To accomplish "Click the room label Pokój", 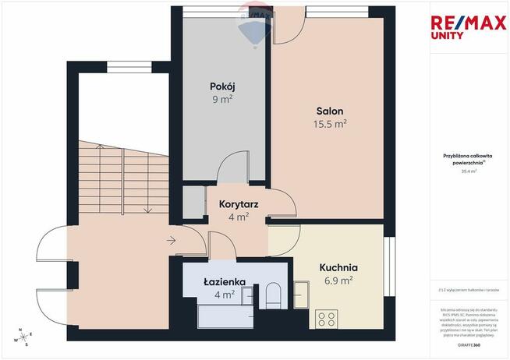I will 222,86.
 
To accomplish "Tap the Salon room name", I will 330,111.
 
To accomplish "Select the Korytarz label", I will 239,204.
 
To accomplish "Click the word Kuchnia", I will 338,266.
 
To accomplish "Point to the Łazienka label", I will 225,281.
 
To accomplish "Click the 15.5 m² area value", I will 330,124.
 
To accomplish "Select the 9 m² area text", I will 222,99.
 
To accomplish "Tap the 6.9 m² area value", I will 338,280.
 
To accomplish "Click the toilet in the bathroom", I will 273,295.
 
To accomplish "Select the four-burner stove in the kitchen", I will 328,319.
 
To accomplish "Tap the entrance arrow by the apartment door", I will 171,241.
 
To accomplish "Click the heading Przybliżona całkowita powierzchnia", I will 468,160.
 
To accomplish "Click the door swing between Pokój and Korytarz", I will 230,168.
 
